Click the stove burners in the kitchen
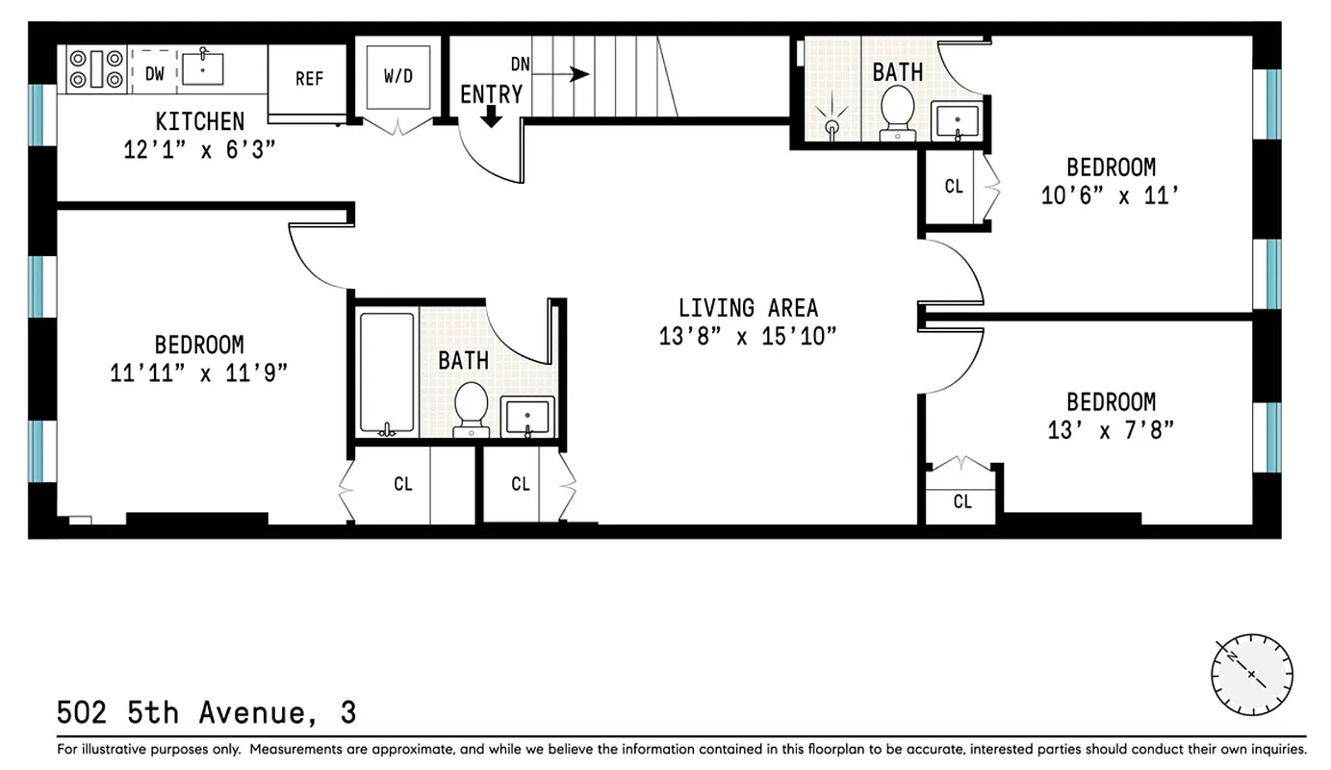click(x=94, y=68)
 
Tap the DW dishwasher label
click(x=154, y=73)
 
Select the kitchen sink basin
click(x=202, y=68)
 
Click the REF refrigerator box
click(x=308, y=79)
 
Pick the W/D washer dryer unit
click(x=397, y=76)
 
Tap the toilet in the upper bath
click(x=898, y=110)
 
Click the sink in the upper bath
click(x=957, y=122)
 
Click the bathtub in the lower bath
click(x=387, y=372)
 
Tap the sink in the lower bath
click(x=527, y=417)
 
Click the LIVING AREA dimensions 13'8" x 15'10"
click(x=748, y=336)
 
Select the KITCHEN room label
click(x=200, y=121)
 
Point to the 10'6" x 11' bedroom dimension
click(x=1110, y=195)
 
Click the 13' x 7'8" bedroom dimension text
click(x=1111, y=429)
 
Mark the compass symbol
click(x=1251, y=674)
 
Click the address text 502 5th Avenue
click(x=206, y=713)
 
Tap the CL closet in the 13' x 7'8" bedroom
click(x=962, y=501)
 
